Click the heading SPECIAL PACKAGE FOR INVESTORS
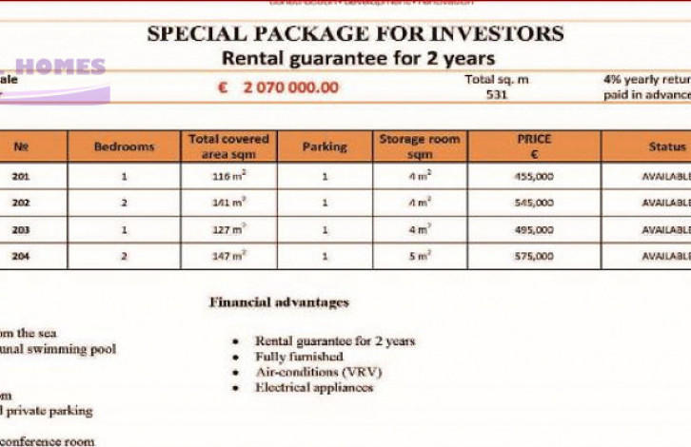[355, 34]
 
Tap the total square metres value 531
[496, 95]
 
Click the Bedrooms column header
[124, 147]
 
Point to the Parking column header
[325, 147]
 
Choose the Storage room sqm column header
[419, 146]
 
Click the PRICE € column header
[534, 146]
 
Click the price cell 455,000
[533, 176]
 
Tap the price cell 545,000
[533, 203]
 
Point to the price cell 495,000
[533, 229]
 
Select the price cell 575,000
[533, 256]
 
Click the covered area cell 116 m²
[229, 176]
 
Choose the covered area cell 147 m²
[229, 256]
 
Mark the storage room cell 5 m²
[419, 256]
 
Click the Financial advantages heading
[279, 302]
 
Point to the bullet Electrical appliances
[314, 388]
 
